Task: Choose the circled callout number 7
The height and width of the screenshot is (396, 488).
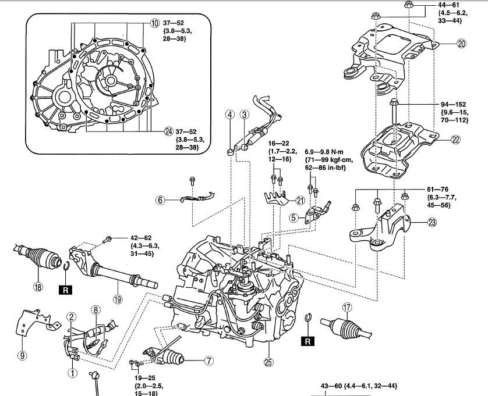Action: click(x=208, y=361)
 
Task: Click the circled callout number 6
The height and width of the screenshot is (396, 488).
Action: click(x=160, y=199)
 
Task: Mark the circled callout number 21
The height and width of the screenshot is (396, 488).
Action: click(x=300, y=201)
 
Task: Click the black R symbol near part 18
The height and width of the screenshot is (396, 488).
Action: click(x=63, y=288)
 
